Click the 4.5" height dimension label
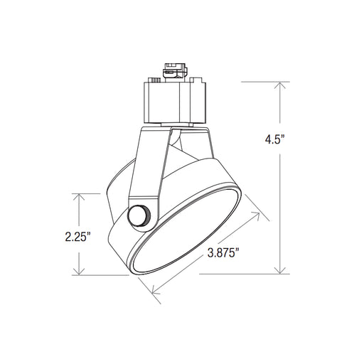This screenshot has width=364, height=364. (x=274, y=139)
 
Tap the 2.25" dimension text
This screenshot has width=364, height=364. (x=78, y=237)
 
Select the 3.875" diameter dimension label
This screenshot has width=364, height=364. (x=223, y=253)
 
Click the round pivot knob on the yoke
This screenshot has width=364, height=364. (x=139, y=216)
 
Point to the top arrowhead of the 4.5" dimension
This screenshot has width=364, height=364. (x=280, y=85)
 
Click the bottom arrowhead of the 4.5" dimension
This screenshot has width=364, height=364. (x=280, y=270)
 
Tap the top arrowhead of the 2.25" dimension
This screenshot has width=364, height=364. (x=79, y=197)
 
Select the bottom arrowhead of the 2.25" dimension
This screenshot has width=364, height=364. (x=79, y=272)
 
